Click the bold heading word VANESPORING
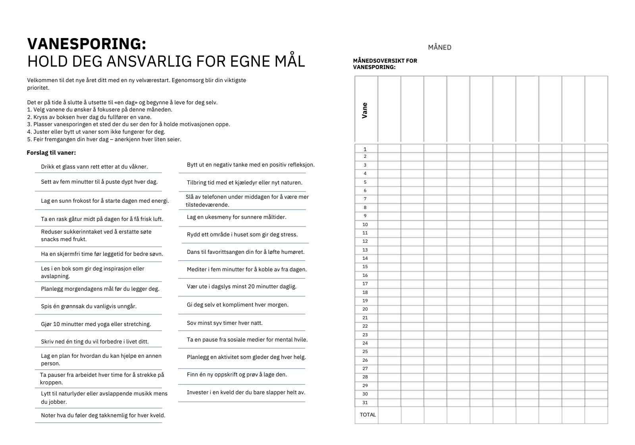87,44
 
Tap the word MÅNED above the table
439,48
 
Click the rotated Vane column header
365,111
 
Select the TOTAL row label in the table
368,415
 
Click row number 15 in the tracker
365,267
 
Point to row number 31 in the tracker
365,403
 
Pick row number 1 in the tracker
365,150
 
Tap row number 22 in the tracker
365,326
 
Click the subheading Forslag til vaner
51,153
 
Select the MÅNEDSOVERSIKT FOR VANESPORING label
385,64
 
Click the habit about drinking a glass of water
94,167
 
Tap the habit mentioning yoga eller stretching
96,324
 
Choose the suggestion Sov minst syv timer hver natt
225,323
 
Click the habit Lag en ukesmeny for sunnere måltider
237,217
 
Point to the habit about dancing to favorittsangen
246,252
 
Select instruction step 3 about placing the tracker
128,125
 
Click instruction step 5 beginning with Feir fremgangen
104,139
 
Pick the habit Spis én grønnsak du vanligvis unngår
89,307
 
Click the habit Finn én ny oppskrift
237,375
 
